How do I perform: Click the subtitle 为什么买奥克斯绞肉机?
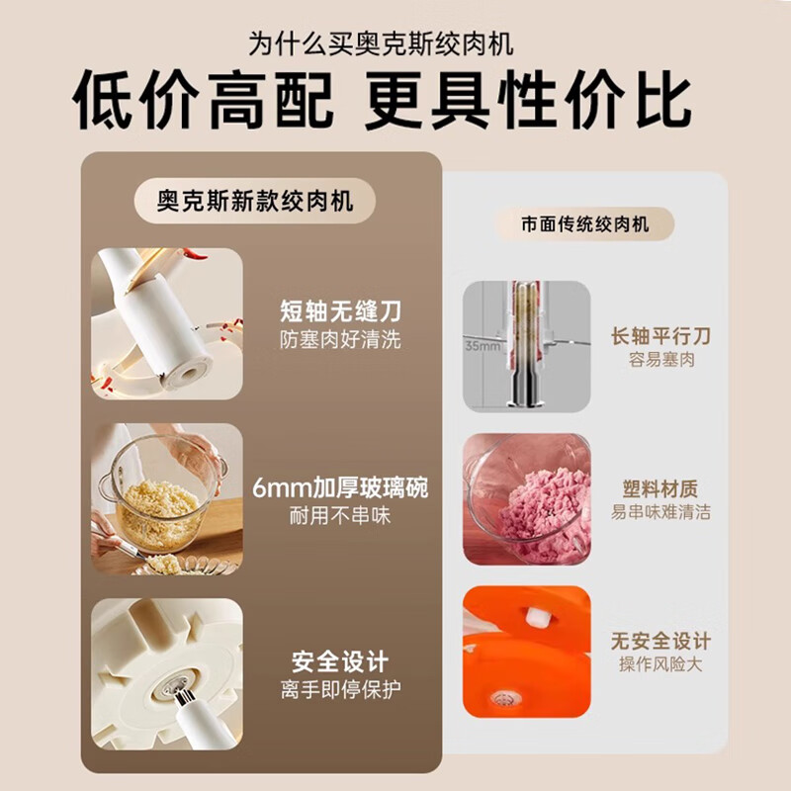coord(395,44)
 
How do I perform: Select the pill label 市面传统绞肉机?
coord(585,223)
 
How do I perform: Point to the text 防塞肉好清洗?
coord(340,340)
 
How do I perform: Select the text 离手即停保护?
coord(340,689)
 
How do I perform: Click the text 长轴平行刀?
coord(661,336)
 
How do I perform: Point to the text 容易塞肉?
coord(661,361)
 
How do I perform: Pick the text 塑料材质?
coord(661,488)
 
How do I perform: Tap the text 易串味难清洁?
coord(661,513)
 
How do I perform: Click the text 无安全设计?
coord(661,641)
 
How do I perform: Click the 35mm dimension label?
coord(483,347)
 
